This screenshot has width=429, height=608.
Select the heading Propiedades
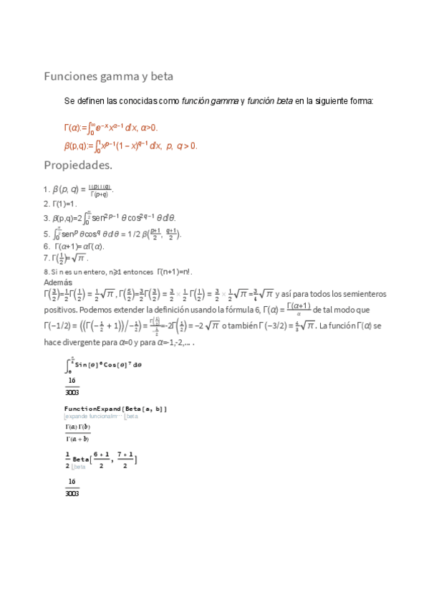78,166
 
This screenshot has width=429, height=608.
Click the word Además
58,283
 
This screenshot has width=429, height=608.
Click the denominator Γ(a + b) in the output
76,439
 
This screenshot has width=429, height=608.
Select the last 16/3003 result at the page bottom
72,488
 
